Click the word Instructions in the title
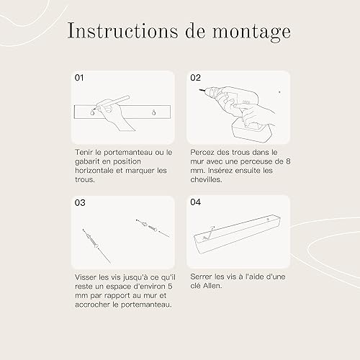(x=122, y=31)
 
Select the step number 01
(x=79, y=78)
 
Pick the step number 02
(x=195, y=78)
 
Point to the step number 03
(x=80, y=202)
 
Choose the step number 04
(x=196, y=202)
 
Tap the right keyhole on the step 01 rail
(x=154, y=112)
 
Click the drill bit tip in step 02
(x=199, y=89)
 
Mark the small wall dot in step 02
(x=279, y=92)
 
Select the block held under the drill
(x=251, y=132)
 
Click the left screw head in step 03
(x=96, y=246)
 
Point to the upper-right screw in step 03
(x=153, y=228)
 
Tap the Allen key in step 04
(x=208, y=233)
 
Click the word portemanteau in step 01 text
(x=128, y=153)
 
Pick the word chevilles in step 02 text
(x=206, y=179)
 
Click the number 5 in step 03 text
(x=170, y=287)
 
